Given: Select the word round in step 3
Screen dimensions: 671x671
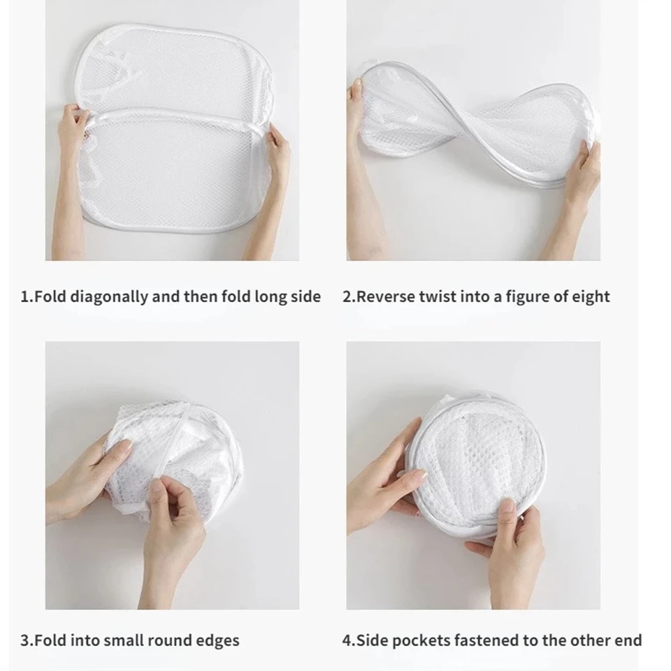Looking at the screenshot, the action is [x=168, y=641].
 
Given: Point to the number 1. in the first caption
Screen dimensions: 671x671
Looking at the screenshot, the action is [x=27, y=297].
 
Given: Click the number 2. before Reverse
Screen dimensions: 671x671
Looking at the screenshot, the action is [x=349, y=297].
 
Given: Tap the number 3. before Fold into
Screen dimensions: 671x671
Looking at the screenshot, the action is [x=27, y=641].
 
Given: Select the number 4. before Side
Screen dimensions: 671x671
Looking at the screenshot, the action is [x=349, y=641].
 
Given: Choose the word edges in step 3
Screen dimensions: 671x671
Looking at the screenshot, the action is [x=218, y=642].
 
